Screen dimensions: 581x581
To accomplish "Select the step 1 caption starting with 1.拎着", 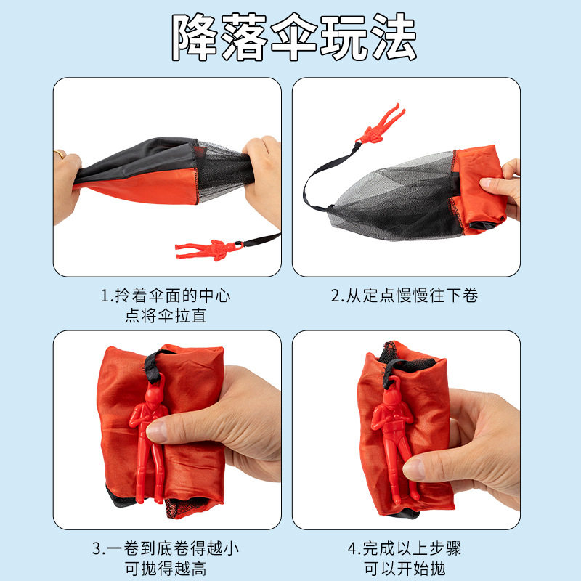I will pyautogui.click(x=167, y=296).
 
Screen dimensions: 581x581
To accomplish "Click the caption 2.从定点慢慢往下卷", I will pyautogui.click(x=405, y=296).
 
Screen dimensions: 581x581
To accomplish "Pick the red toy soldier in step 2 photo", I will pyautogui.click(x=378, y=125).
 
